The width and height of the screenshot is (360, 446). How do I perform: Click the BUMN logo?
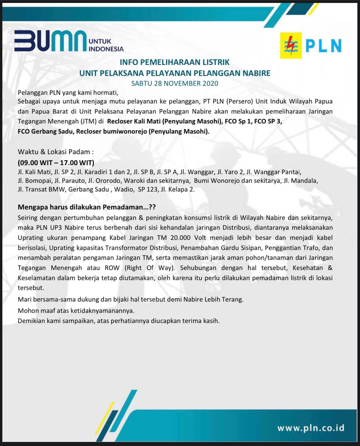(x=51, y=41)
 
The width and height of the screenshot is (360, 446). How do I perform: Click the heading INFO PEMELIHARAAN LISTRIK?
(x=174, y=62)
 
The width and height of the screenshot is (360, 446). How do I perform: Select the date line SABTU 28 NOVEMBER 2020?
(x=174, y=83)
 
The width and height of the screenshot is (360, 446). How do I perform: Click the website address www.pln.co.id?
(x=311, y=428)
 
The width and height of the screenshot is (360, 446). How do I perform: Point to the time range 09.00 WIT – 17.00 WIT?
(x=56, y=162)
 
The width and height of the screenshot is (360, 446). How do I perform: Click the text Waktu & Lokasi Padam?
(x=56, y=152)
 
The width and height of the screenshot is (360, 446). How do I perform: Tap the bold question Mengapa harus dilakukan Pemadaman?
(x=87, y=207)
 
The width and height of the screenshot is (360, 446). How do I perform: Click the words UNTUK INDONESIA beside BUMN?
(x=106, y=45)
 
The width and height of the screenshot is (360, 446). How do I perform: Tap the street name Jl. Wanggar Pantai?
(x=274, y=172)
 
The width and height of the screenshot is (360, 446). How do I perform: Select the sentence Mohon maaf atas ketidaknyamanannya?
(x=76, y=311)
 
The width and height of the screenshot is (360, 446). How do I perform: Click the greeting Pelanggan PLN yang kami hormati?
(x=68, y=93)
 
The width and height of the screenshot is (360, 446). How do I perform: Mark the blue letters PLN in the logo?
(x=323, y=46)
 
